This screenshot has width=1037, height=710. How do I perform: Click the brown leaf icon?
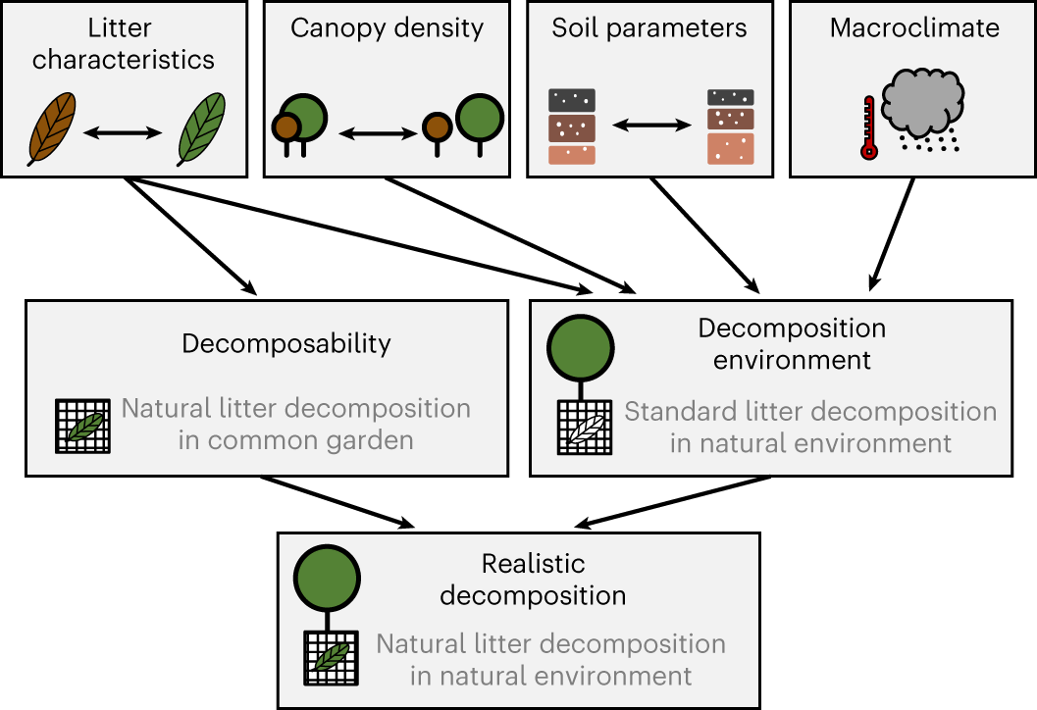tap(52, 128)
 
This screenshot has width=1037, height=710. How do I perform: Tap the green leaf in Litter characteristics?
tap(202, 128)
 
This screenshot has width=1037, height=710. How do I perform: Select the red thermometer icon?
tap(869, 128)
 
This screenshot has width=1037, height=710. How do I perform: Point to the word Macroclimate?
tap(914, 27)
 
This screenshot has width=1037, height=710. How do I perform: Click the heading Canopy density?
tap(387, 28)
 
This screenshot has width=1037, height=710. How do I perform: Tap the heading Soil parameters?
tap(649, 28)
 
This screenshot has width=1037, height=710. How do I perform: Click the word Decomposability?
tap(286, 344)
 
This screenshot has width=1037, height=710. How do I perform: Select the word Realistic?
tap(533, 564)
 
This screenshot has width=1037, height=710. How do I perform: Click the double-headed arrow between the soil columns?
tap(652, 125)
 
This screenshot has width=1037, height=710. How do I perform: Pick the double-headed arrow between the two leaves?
tap(123, 132)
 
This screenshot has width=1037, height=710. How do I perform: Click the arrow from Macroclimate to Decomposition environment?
tap(892, 234)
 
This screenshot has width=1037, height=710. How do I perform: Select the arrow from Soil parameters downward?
tap(704, 234)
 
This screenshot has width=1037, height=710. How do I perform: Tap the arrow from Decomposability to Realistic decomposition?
tap(337, 502)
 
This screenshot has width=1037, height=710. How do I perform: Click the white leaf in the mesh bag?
tap(587, 429)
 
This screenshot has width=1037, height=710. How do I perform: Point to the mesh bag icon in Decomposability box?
tap(82, 427)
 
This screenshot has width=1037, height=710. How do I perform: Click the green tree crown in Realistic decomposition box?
tap(327, 578)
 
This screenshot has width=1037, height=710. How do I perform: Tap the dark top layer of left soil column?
tap(571, 100)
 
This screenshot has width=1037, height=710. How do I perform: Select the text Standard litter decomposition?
tap(810, 411)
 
